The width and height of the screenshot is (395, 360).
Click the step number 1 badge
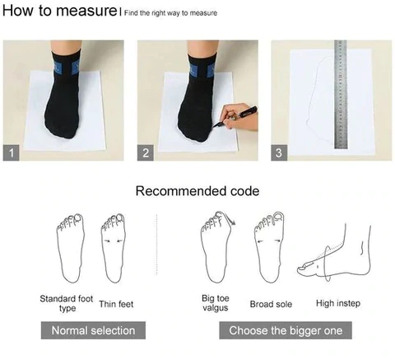(11, 152)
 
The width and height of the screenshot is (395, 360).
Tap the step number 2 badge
(146, 152)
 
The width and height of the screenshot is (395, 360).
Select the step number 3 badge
(279, 152)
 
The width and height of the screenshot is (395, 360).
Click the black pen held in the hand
(236, 117)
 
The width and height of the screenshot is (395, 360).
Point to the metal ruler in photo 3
(341, 94)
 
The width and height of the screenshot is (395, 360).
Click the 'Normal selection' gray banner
(93, 330)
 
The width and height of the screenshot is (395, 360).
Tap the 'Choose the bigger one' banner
(286, 330)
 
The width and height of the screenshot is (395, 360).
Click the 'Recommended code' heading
(197, 191)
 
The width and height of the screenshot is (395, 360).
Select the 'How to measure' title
(59, 11)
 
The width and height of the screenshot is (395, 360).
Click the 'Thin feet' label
(116, 304)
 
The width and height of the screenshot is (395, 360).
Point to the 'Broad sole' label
(271, 304)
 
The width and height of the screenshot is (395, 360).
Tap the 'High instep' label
(338, 303)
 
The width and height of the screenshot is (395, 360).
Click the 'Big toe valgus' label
(216, 303)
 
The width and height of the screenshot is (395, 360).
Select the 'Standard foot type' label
(67, 303)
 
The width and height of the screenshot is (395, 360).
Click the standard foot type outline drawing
(70, 248)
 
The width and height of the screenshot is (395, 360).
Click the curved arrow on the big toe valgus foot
(229, 218)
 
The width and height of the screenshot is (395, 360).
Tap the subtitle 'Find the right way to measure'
(170, 13)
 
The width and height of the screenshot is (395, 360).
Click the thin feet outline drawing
(114, 248)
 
